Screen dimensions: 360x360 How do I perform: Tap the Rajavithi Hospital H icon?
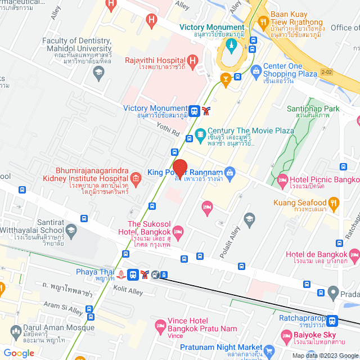click(x=192, y=60)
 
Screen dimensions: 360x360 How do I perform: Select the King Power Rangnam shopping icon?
click(x=229, y=172)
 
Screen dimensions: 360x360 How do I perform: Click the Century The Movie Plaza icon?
click(x=199, y=135)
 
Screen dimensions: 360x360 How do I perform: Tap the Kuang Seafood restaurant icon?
click(x=334, y=202)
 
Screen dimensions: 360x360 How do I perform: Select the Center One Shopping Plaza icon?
click(x=256, y=70)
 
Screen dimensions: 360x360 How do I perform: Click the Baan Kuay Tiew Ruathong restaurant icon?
click(x=262, y=22)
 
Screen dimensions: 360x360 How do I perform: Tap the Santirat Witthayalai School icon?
click(x=71, y=229)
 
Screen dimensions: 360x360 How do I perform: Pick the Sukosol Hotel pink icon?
click(x=178, y=231)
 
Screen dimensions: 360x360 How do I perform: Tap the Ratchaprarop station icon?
click(x=332, y=321)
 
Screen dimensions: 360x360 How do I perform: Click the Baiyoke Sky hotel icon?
click(x=285, y=335)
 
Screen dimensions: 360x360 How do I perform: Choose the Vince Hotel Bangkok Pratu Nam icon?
click(x=161, y=325)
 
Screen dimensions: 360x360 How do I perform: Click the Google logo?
click(x=19, y=353)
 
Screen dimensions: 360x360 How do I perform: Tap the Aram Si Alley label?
click(x=64, y=308)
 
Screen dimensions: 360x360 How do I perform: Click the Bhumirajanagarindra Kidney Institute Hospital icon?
click(x=137, y=178)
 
